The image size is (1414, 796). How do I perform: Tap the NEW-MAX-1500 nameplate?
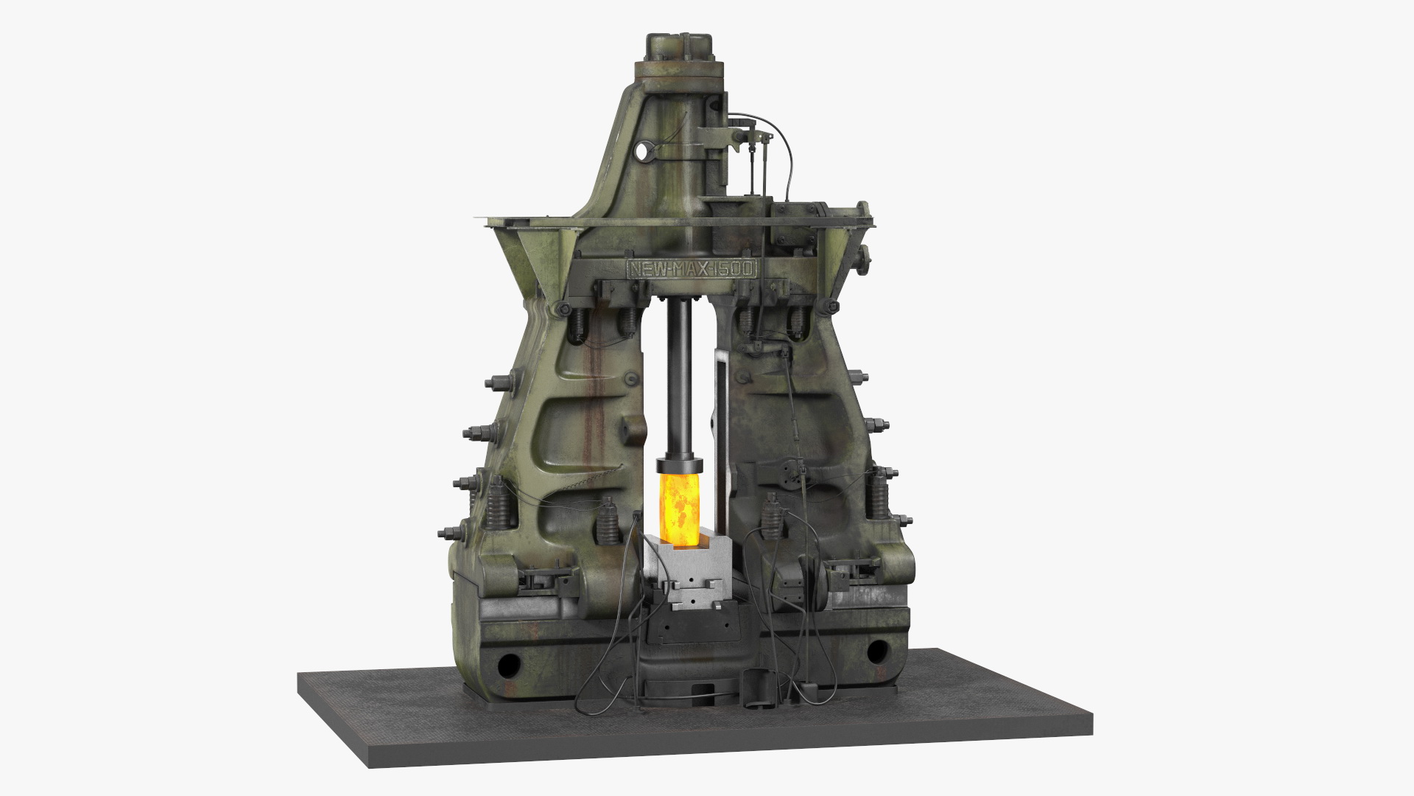tap(691, 268)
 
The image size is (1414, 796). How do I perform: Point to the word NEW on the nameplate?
tap(645, 268)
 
